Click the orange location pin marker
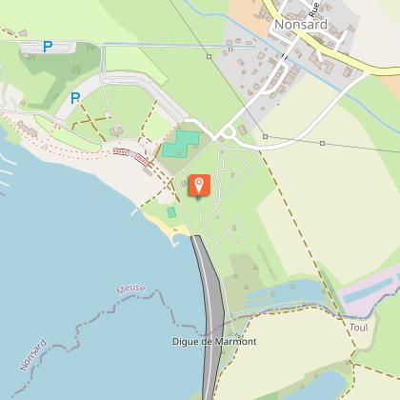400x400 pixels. (200, 184)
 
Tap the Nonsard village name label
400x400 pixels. (298, 26)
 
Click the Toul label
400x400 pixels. (358, 327)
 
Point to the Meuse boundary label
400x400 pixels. (130, 288)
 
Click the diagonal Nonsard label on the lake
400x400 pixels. (32, 350)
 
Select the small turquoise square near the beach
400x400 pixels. (171, 212)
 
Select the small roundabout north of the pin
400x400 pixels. (228, 133)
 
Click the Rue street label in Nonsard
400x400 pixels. (314, 10)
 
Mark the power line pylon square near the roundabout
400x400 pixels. (265, 136)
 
